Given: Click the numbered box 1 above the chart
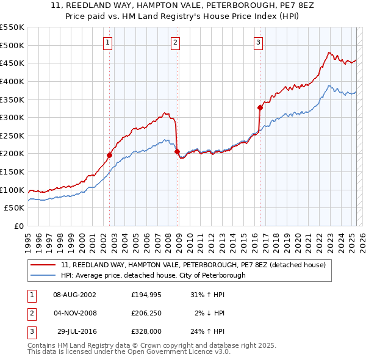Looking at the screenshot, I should coord(107,42).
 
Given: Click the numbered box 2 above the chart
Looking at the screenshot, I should coord(175,42).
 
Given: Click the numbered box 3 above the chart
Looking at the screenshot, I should coord(258,42).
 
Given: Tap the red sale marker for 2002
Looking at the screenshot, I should coord(110,155).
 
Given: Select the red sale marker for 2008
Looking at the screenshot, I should coord(178,151).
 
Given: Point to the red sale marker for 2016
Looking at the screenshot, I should coord(260,107).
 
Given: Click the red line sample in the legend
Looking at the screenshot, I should coord(43,265).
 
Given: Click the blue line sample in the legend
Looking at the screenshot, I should coord(43,275).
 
